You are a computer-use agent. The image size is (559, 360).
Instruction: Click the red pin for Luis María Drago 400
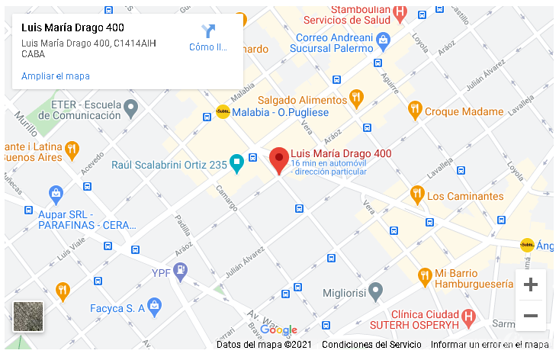coord(279,159)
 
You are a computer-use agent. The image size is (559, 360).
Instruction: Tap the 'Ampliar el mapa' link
coord(56,76)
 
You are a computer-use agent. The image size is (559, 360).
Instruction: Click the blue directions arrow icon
coord(208,31)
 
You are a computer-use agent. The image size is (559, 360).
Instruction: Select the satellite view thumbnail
coord(28,317)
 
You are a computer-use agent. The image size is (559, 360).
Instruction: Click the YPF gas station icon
coord(180,270)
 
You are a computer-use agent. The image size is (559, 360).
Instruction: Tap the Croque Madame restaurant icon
coord(415,111)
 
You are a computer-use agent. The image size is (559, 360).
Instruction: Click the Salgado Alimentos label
coord(302,100)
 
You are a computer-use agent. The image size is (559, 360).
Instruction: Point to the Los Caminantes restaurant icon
coord(416,194)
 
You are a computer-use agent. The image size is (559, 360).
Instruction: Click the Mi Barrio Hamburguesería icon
coord(425,275)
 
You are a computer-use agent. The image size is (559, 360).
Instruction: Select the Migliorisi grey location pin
coord(374,292)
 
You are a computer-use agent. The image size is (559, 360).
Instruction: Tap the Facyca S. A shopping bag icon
coord(155,307)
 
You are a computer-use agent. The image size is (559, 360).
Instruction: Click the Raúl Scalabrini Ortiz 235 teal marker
coord(236,162)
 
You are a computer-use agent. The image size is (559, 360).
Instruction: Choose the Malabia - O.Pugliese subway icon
coord(223,111)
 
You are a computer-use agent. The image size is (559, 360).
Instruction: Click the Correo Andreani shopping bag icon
coord(383,38)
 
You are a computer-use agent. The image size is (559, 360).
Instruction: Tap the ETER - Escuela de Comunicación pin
coord(131,109)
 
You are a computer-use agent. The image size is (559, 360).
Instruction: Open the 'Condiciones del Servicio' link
coord(371,345)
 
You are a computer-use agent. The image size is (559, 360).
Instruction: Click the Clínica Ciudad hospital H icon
coord(469,316)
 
